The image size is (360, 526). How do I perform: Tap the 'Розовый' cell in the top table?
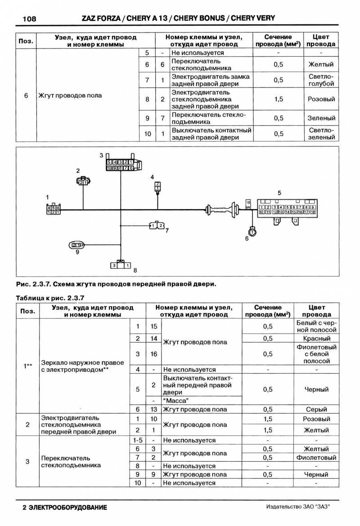[322, 99]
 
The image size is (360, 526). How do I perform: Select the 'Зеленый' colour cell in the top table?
[322, 118]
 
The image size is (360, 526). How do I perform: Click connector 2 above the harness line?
[82, 182]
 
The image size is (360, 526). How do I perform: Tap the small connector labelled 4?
[157, 186]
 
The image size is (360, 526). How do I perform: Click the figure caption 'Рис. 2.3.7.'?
[33, 284]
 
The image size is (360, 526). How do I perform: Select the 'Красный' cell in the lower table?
[317, 338]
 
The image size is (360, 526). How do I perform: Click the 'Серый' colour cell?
[317, 409]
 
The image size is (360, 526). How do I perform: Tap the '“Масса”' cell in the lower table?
[176, 400]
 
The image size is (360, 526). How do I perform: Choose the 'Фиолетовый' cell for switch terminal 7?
[317, 458]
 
